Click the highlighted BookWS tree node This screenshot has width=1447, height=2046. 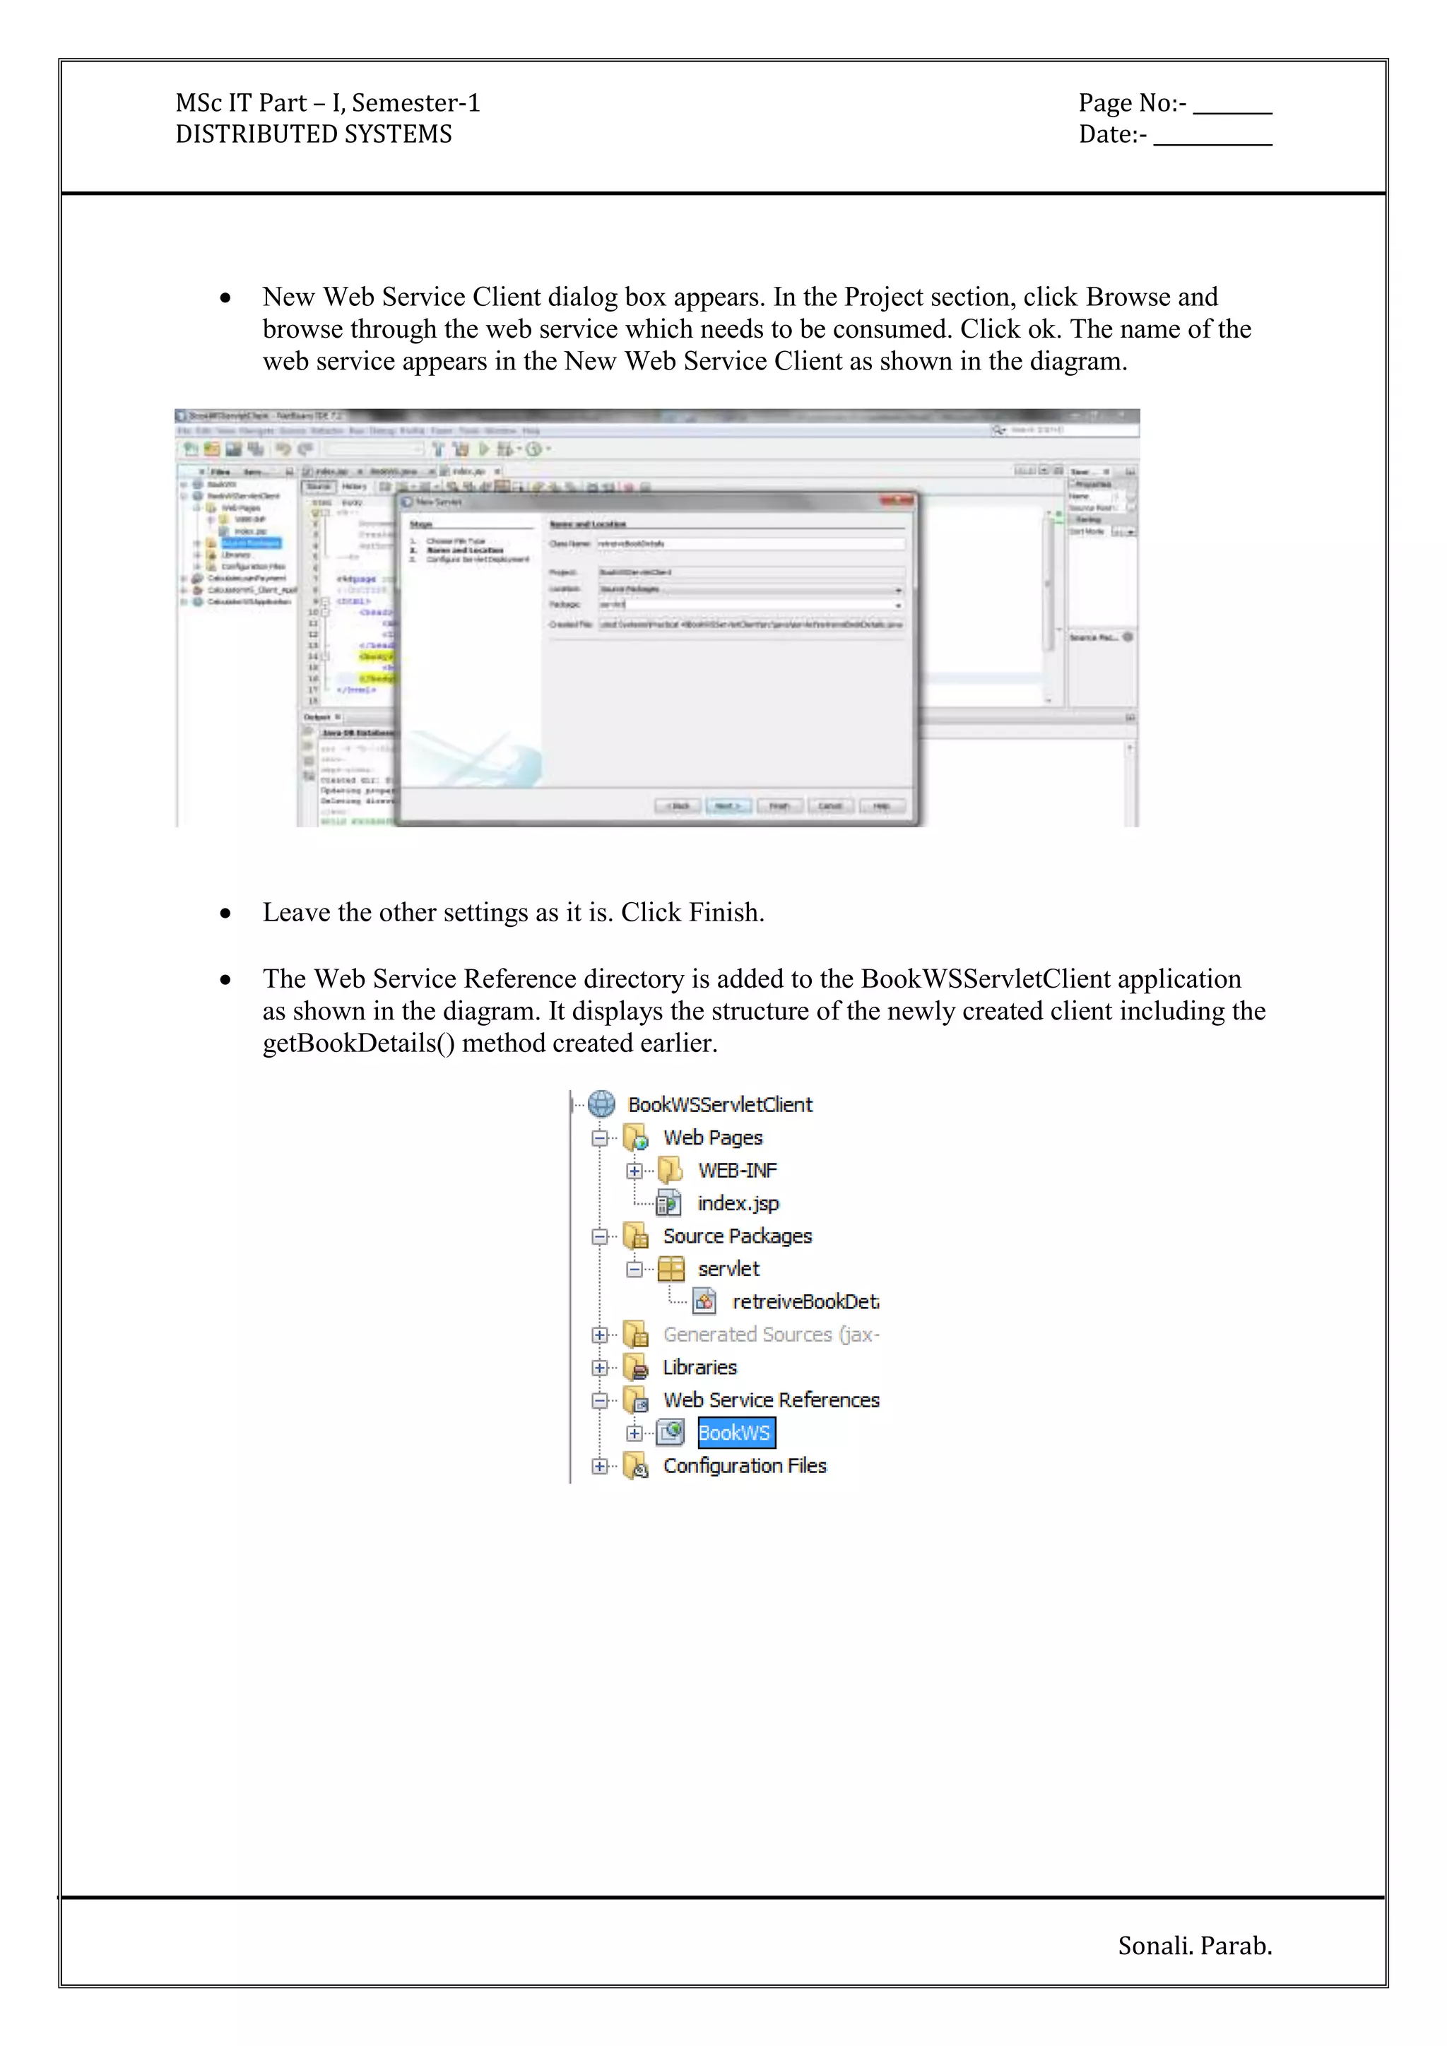pos(735,1433)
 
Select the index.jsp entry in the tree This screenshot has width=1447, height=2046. pos(738,1204)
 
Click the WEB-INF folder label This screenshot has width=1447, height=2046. pos(737,1171)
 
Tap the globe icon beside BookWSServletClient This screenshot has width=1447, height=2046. pos(602,1104)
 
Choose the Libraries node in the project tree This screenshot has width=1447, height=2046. pos(699,1368)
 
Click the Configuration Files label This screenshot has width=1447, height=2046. pos(744,1466)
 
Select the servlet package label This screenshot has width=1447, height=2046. pos(728,1269)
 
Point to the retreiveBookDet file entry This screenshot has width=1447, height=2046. pos(805,1302)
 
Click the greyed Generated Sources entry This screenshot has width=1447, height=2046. pos(771,1335)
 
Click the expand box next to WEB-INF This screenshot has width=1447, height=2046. pos(634,1171)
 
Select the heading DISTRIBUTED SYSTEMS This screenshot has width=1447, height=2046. pos(314,134)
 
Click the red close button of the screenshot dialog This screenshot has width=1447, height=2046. pos(895,501)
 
